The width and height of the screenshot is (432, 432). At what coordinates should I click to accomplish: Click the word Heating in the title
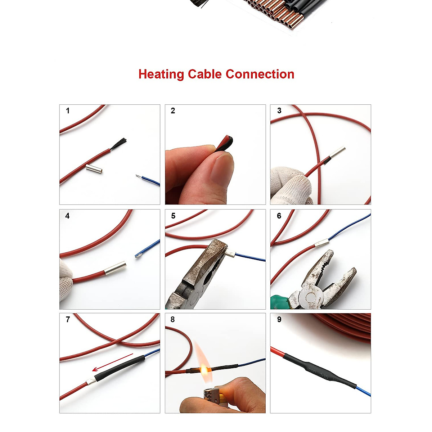[161, 75]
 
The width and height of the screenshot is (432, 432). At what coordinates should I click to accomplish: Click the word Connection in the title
[260, 74]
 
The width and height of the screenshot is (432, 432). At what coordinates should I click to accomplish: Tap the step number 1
[68, 111]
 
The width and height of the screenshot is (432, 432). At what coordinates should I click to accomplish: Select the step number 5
[173, 216]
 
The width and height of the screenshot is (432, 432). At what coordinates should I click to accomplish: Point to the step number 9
[279, 320]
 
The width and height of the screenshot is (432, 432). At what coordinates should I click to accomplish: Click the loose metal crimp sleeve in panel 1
[94, 168]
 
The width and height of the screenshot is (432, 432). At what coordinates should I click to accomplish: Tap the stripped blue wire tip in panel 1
[139, 176]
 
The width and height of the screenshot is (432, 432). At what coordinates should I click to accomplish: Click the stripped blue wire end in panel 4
[139, 255]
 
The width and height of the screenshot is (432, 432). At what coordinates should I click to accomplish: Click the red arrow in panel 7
[112, 362]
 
